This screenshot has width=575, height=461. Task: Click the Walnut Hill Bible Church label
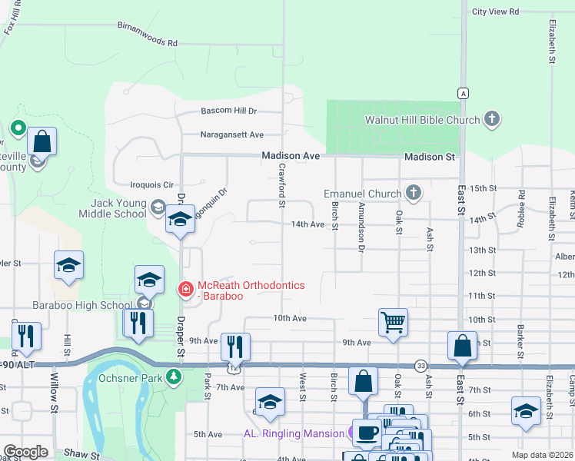tap(422, 120)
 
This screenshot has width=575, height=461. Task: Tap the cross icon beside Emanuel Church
tap(414, 192)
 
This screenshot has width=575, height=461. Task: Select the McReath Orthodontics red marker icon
tap(185, 290)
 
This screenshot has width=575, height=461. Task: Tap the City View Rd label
tap(495, 12)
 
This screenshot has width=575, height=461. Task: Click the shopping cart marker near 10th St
tap(393, 322)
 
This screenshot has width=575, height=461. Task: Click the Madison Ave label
tap(290, 155)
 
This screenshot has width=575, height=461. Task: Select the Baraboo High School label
tap(81, 305)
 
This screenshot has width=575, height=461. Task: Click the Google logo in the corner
tap(25, 452)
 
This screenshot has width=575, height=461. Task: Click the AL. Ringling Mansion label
tap(294, 433)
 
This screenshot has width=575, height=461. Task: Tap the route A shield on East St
tap(462, 93)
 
